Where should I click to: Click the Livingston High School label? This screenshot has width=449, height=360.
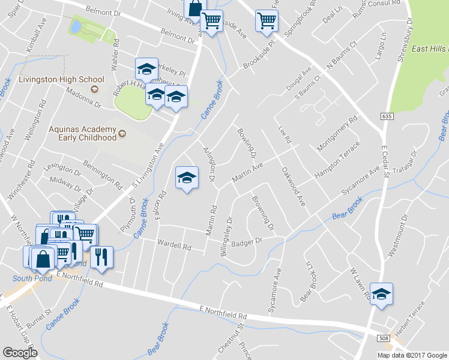pos(53,79)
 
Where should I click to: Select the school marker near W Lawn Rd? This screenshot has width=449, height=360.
pos(381,295)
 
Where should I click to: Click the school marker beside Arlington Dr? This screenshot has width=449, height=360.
pos(187,178)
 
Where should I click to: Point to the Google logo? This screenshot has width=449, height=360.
pos(20,353)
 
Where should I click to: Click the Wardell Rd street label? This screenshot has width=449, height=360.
pos(174,245)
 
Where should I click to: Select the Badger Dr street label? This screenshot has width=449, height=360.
pos(251,241)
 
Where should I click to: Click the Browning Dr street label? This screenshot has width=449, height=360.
pos(262,214)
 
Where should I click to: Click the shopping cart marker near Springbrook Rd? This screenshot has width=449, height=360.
pos(267,20)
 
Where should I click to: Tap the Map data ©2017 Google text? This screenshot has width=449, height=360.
pos(412,355)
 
